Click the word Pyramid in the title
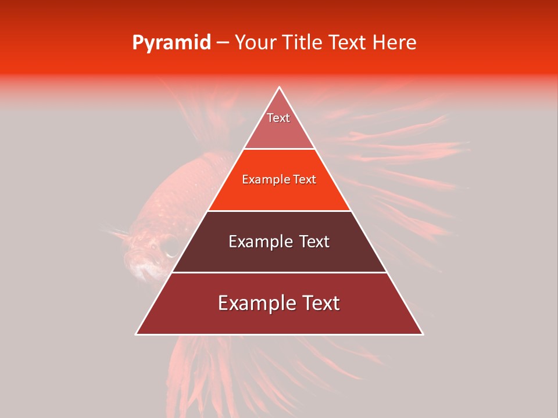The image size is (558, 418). (x=171, y=43)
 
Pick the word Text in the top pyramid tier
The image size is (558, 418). (x=278, y=118)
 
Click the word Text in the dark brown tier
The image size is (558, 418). (x=314, y=242)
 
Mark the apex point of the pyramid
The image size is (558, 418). (x=280, y=87)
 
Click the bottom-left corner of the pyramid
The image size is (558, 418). (x=136, y=334)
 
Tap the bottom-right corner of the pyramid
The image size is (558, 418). (x=423, y=334)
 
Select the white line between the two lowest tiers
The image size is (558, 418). (x=280, y=272)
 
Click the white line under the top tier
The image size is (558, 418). (x=280, y=149)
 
